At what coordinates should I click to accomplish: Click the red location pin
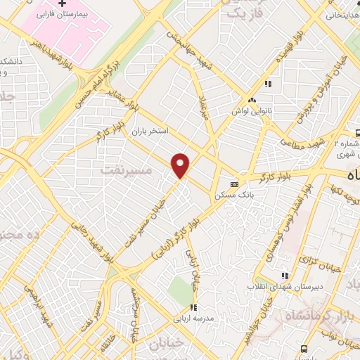pos(181,165)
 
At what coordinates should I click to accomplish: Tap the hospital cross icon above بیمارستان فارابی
pos(63,5)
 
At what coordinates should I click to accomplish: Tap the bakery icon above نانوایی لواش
pos(252,101)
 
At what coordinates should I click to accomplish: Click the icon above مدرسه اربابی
pos(193,307)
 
